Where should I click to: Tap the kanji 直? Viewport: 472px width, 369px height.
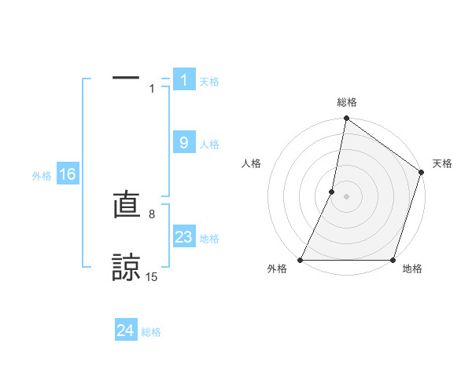pos(127,206)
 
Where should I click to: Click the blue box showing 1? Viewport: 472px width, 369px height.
pos(184,79)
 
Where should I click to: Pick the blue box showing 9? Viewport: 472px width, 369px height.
pos(184,143)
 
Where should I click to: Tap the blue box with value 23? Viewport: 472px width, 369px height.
pos(184,237)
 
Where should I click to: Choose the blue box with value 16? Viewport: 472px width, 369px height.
pos(68,174)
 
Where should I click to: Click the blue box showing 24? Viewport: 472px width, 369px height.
pos(126,331)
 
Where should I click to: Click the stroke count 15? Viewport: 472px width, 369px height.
pos(151,276)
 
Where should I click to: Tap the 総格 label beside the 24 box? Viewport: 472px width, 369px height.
pos(151,332)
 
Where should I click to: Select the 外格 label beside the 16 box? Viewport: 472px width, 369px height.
pos(42,176)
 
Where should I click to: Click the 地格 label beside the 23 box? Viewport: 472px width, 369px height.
pos(209,239)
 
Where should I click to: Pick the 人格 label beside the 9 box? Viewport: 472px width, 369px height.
pos(209,144)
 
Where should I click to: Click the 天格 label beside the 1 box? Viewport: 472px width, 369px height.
pos(209,81)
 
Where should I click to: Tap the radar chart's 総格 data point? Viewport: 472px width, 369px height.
pos(346,119)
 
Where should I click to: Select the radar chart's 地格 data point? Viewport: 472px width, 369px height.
pos(393,260)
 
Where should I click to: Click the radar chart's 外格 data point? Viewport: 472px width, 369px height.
pos(301,260)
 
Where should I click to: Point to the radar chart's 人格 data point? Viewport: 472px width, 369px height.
pos(332,192)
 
